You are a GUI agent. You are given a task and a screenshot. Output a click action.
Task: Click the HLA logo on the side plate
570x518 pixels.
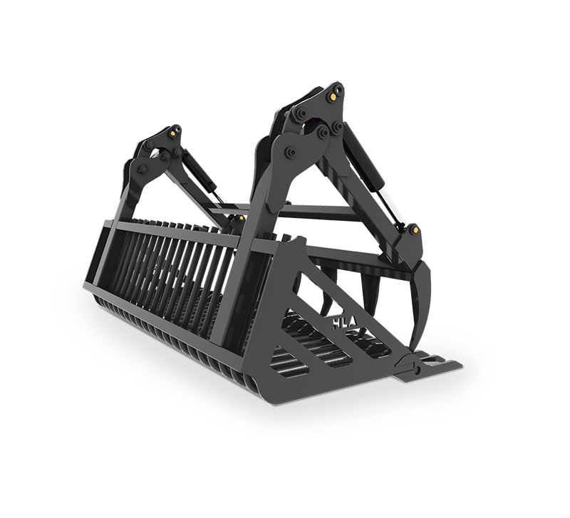pos(345,323)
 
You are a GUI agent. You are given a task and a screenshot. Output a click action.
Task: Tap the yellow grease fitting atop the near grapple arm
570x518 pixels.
pos(332,96)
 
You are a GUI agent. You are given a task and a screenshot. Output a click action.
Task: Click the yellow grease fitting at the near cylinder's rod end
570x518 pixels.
pos(415,230)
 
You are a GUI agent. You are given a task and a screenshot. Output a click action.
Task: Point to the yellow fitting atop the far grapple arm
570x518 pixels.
pos(173,133)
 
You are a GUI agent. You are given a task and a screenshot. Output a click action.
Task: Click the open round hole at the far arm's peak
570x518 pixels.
pos(177,129)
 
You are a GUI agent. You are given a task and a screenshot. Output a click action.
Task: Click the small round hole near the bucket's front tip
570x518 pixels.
pos(417,370)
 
